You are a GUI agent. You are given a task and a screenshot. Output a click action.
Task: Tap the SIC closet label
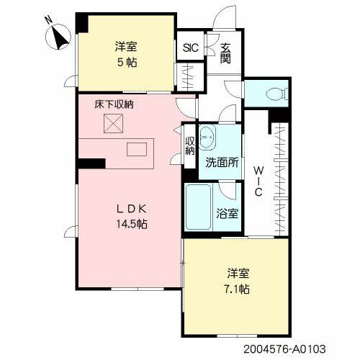point(191,48)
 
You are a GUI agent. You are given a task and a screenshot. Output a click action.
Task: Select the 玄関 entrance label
point(226,54)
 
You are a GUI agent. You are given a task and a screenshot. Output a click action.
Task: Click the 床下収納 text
point(114,104)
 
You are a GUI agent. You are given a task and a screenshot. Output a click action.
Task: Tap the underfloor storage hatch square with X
point(113,124)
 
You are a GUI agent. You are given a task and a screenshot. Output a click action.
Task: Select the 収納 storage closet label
point(190,145)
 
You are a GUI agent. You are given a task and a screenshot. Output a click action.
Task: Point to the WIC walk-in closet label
point(257,181)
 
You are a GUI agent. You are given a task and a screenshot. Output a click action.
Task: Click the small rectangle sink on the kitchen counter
point(136,150)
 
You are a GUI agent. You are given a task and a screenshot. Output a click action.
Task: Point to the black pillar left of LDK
point(88,163)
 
